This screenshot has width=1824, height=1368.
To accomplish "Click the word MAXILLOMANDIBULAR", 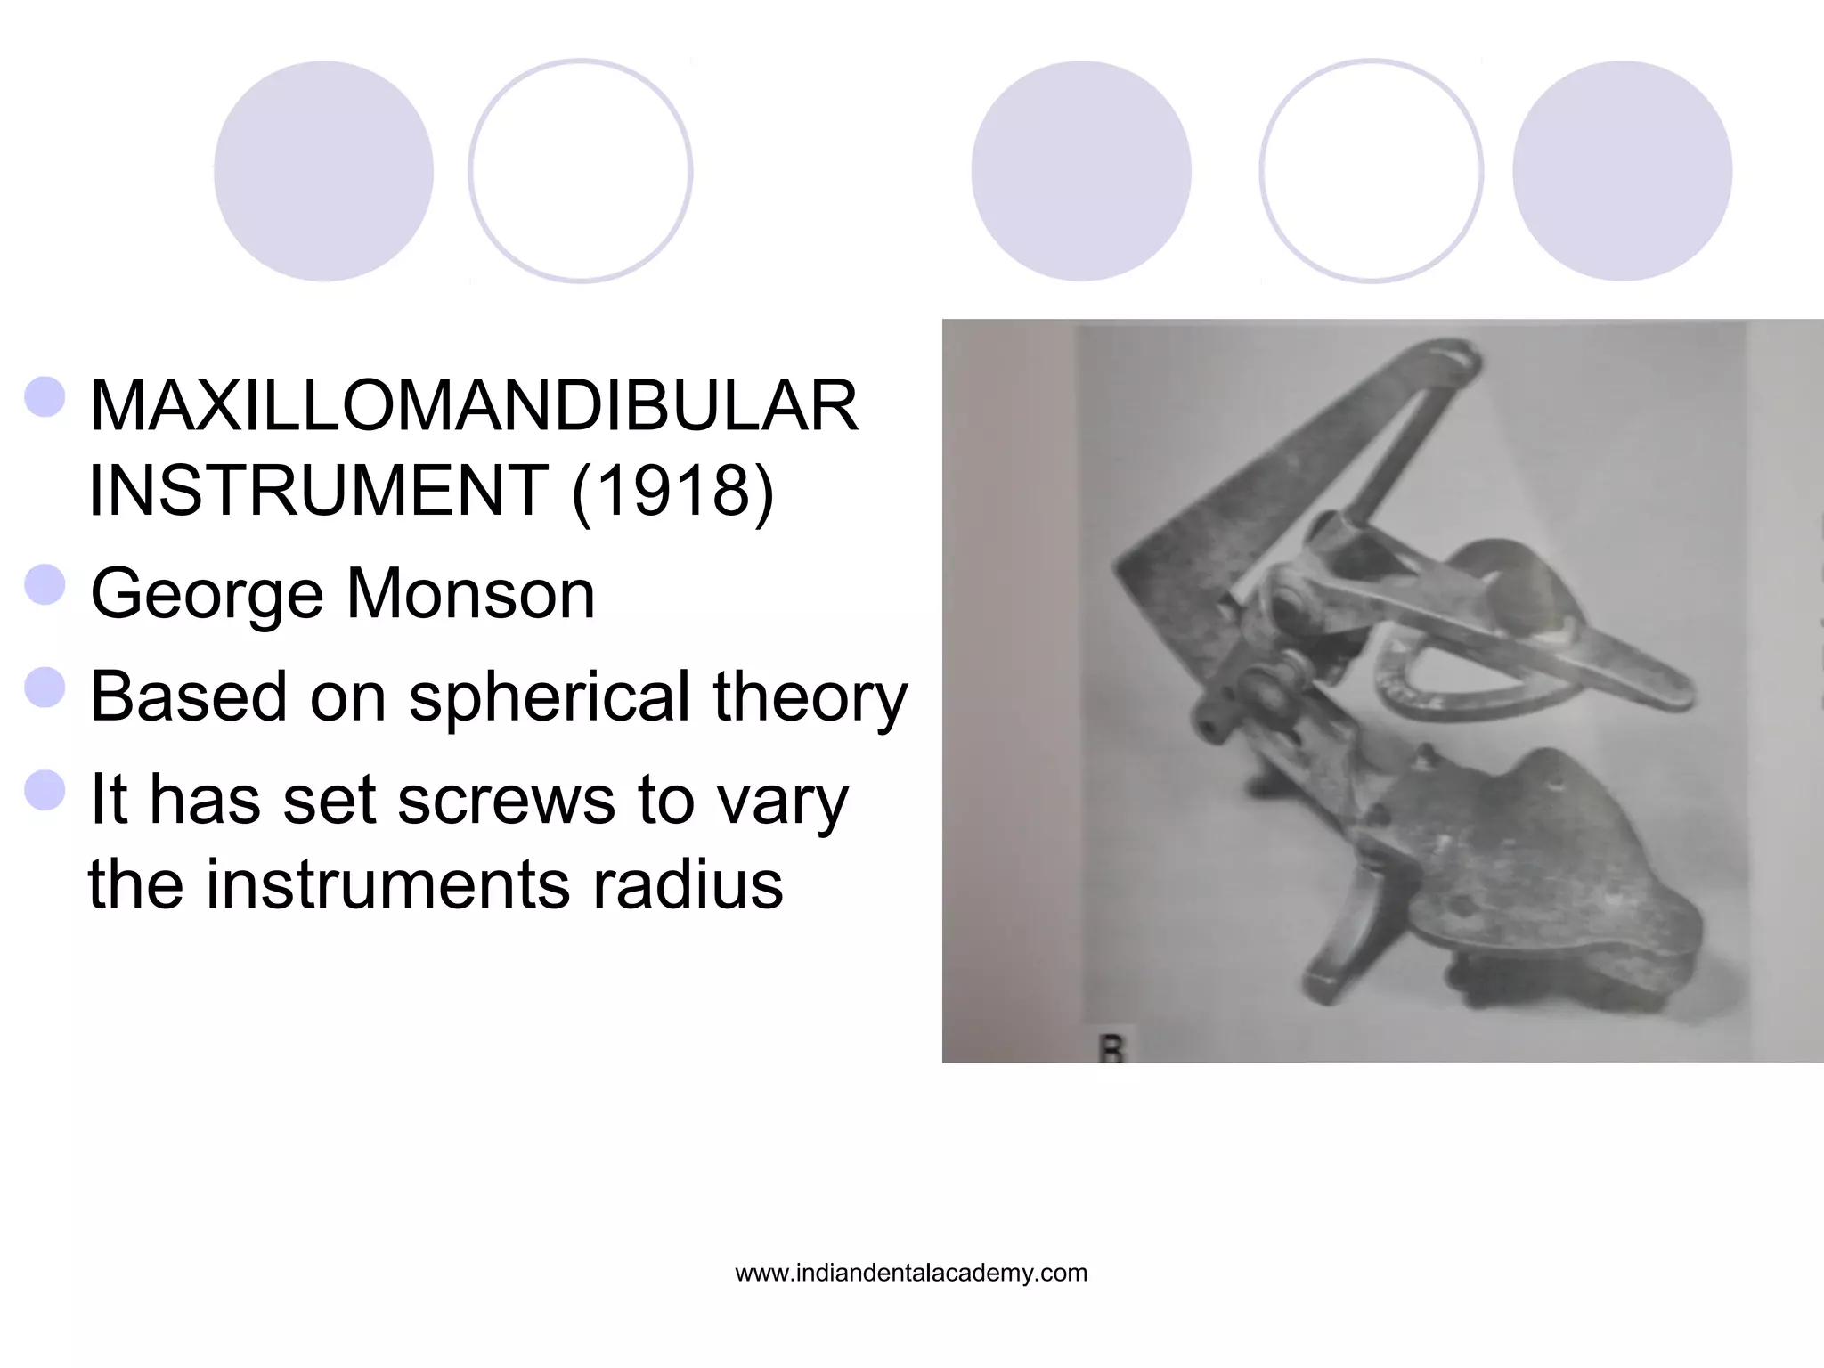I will pos(474,406).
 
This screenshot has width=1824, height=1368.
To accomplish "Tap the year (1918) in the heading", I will pos(672,490).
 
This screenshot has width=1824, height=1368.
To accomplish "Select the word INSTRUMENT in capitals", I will pos(319,490).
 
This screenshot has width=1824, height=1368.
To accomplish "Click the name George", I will pos(207,595).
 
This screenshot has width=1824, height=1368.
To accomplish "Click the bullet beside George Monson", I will pos(45,585).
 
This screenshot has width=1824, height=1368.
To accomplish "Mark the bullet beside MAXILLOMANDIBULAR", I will pos(45,396).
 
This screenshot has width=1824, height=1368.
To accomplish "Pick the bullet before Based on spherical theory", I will pos(45,687).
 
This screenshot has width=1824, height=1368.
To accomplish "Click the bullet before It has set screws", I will pos(45,790).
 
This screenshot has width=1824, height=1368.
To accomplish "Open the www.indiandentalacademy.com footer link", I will pos(911,1274).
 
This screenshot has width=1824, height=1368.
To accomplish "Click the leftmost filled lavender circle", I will pos(323,171).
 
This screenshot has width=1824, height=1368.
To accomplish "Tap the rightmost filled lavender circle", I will pos(1622,171).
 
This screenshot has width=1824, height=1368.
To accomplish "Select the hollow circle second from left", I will pos(580,171).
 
